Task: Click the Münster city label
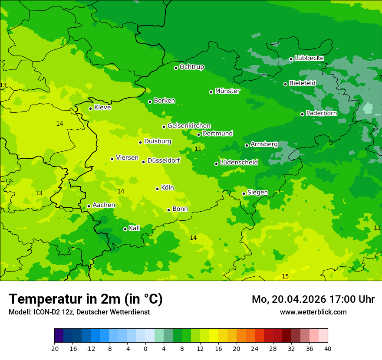(227, 91)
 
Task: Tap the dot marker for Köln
(158, 189)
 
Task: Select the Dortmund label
(217, 134)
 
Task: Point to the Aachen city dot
(89, 206)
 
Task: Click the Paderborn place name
(321, 113)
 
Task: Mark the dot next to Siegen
(244, 194)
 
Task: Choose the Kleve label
(102, 108)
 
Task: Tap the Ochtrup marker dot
(176, 68)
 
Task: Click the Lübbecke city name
(309, 58)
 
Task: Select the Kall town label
(135, 228)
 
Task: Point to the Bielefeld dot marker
(286, 84)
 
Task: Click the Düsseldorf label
(164, 160)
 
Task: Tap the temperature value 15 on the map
(285, 276)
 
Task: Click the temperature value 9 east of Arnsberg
(331, 143)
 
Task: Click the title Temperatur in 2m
(86, 299)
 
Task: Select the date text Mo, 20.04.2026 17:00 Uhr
(313, 299)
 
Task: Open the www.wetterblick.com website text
(313, 312)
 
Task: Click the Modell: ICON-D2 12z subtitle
(79, 312)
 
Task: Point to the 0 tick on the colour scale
(145, 348)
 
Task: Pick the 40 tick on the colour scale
(327, 348)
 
